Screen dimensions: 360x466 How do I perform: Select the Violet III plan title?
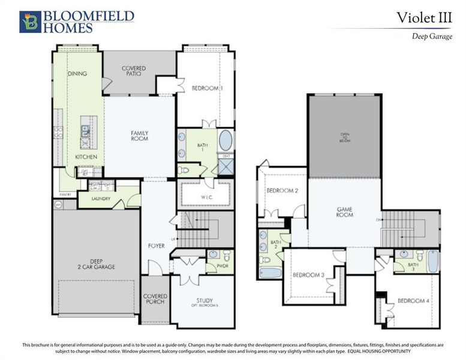pos(423,18)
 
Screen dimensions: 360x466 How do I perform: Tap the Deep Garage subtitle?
pos(431,36)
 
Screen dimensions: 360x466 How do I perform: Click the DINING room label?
pos(77,74)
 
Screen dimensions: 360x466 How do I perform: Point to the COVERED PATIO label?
pos(133,71)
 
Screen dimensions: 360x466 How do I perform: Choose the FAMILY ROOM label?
pos(140,136)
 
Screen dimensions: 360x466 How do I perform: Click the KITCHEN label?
pos(86,157)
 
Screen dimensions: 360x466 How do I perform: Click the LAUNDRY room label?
pos(101,199)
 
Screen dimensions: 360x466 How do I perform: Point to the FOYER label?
pos(156,246)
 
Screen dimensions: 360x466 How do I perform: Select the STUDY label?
pos(205,302)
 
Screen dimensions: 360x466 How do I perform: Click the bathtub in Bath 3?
pos(432,261)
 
